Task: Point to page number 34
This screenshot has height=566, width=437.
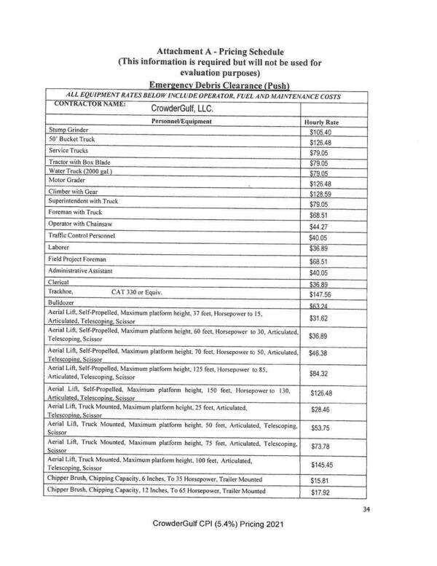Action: (366, 509)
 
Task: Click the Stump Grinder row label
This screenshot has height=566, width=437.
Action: (71, 129)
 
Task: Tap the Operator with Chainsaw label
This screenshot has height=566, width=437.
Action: (80, 223)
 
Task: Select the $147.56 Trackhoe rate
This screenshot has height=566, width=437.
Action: (320, 295)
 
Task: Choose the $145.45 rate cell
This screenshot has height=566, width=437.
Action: (320, 464)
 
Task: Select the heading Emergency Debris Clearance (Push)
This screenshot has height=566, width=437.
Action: (219, 84)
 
